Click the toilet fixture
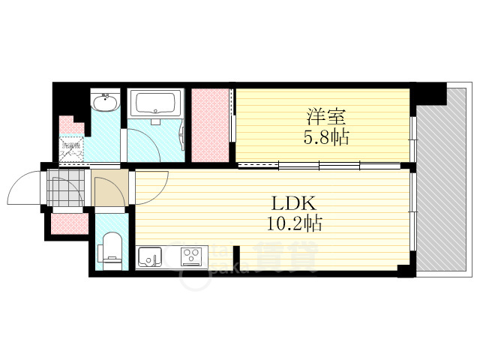112,250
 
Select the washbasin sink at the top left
105,103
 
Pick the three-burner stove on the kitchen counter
193,257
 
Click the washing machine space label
73,148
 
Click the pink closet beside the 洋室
210,124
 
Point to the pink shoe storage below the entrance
69,223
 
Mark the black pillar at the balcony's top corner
428,94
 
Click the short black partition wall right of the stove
236,257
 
